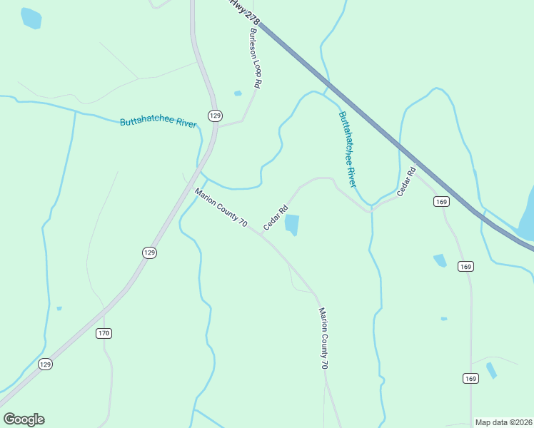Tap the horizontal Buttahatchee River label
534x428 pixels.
click(x=158, y=123)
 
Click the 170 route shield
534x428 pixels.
click(x=104, y=333)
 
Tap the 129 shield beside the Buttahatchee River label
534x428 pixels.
click(x=215, y=115)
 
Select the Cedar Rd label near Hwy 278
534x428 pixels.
click(x=406, y=183)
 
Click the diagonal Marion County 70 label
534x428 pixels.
click(x=221, y=208)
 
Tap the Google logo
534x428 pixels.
click(x=24, y=419)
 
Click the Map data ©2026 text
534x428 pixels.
click(x=503, y=422)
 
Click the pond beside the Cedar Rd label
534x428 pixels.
click(x=292, y=225)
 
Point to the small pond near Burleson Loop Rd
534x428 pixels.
click(x=238, y=93)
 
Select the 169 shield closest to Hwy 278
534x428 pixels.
click(x=440, y=202)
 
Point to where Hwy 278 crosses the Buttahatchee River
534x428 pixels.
click(x=327, y=88)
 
